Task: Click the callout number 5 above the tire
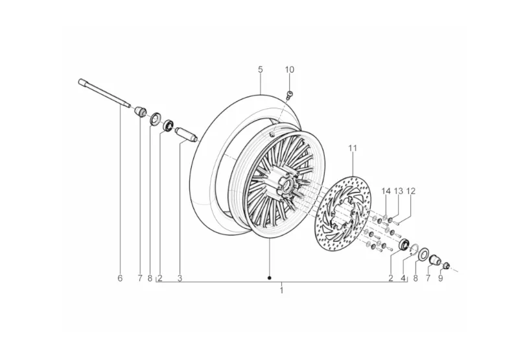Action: coord(261,69)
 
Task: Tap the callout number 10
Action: coord(289,69)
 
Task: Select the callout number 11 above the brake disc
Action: coord(353,148)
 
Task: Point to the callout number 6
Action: coord(120,278)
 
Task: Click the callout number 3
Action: coord(180,278)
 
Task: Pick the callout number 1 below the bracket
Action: coord(281,290)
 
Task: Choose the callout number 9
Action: coord(440,278)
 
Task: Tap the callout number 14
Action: coord(386,191)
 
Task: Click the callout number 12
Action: coord(411,191)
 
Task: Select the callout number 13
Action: coord(398,191)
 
